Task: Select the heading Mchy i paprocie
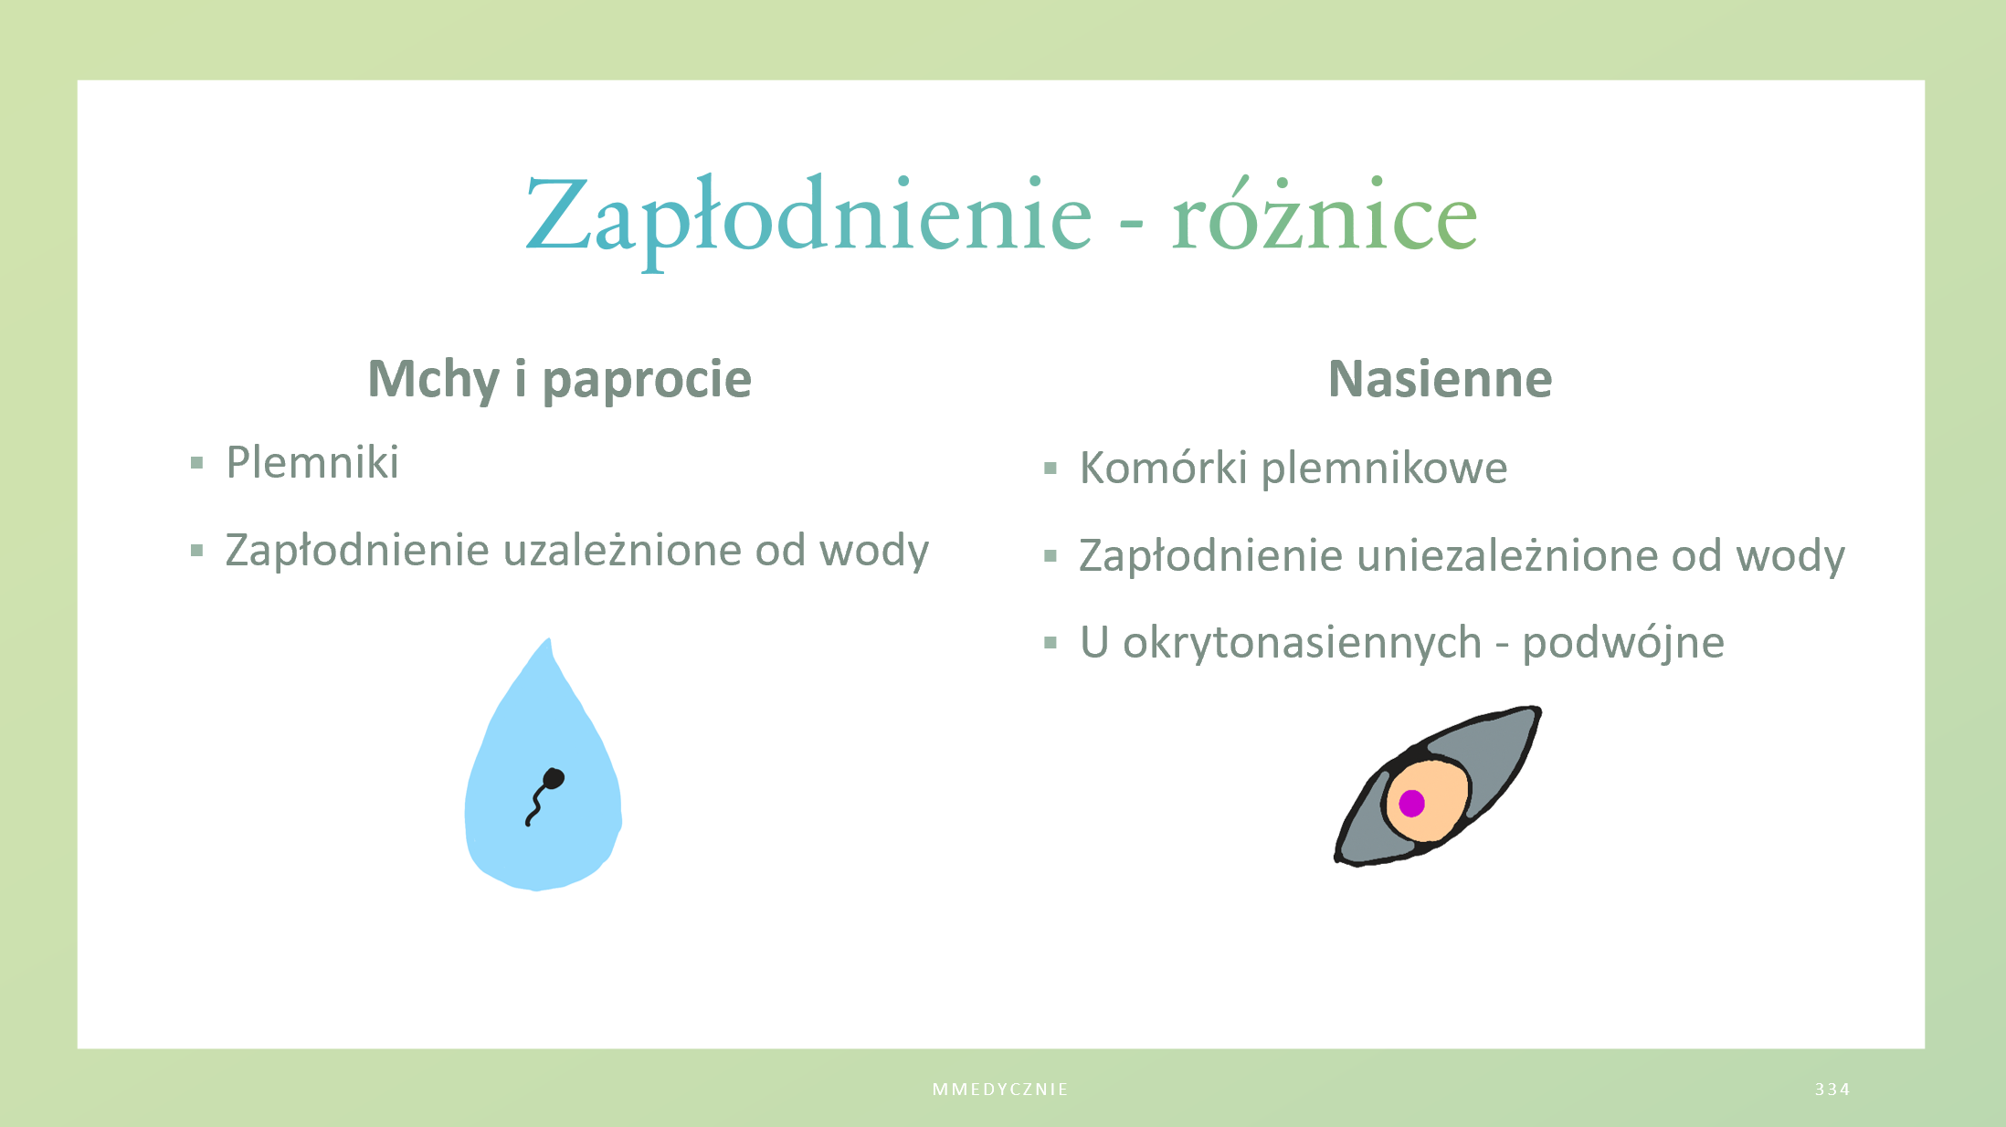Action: pos(559,379)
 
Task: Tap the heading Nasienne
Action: pos(1440,378)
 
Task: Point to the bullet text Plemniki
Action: pos(312,462)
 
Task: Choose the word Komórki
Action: pos(1163,468)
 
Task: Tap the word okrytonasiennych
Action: pos(1302,643)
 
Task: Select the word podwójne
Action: pos(1623,643)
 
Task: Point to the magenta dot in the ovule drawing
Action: pos(1411,803)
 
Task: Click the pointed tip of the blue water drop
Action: pos(549,639)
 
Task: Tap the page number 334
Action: pos(1832,1090)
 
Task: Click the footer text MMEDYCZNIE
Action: pos(1000,1090)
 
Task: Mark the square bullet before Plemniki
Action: pos(196,463)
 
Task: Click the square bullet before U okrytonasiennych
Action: pos(1051,643)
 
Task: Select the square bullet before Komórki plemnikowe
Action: pos(1051,469)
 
